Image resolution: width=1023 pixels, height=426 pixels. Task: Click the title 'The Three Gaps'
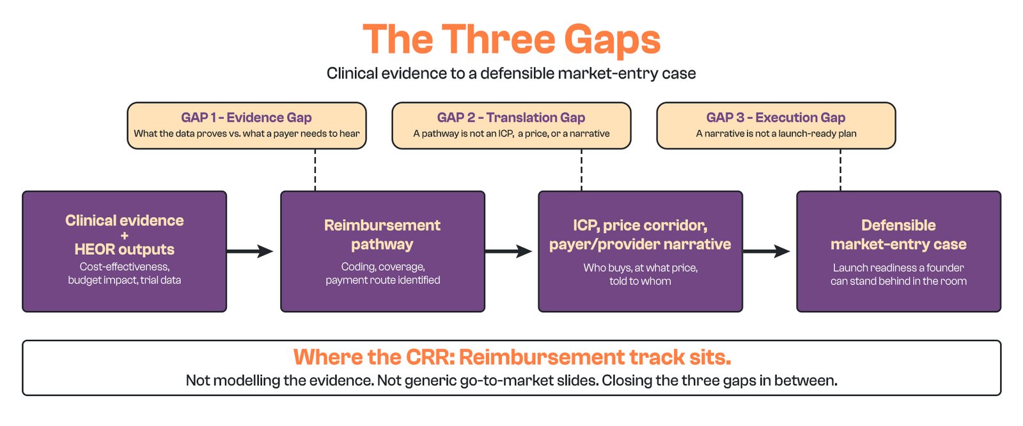click(x=511, y=40)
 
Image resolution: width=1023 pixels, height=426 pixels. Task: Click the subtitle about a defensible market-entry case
click(x=511, y=73)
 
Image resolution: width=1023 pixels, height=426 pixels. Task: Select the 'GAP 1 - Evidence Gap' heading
click(x=247, y=118)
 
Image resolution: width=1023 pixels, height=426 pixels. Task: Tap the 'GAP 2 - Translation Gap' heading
click(x=511, y=118)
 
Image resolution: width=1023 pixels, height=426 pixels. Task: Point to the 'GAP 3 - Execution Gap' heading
click(x=776, y=118)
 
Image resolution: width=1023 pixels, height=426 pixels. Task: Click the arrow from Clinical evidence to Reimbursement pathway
click(x=250, y=251)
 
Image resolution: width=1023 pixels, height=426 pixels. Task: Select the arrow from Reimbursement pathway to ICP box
click(x=508, y=251)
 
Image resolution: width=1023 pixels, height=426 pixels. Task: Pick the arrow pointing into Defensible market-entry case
click(x=767, y=251)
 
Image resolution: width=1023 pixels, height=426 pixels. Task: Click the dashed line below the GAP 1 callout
click(x=315, y=170)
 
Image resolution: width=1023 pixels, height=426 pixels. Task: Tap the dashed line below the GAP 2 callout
click(x=581, y=170)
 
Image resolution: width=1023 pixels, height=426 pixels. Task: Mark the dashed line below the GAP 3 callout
click(x=840, y=170)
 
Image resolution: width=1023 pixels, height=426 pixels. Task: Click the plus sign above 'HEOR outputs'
click(x=124, y=235)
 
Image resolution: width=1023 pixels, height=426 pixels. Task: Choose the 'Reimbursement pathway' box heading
click(x=382, y=234)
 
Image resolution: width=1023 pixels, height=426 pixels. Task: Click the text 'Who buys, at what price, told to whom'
click(x=640, y=274)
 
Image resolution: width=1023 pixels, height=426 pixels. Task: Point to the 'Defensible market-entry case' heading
click(x=898, y=234)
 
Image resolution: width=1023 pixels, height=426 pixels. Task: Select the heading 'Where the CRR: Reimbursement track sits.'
click(x=512, y=357)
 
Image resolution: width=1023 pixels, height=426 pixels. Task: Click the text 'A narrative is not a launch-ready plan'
click(x=776, y=133)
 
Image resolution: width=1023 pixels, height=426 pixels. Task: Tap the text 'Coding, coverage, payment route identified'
click(x=383, y=273)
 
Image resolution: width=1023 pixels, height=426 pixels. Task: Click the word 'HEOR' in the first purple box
click(x=95, y=250)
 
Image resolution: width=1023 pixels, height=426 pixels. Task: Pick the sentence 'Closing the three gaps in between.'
click(x=719, y=381)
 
